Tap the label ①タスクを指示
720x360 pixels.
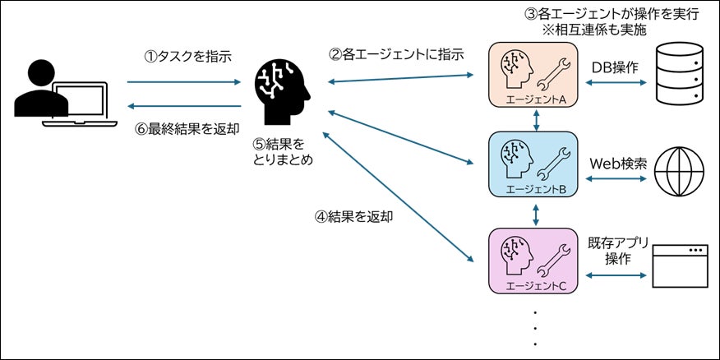pyautogui.click(x=188, y=58)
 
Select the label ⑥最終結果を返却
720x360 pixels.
pyautogui.click(x=188, y=128)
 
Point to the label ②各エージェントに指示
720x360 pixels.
pyautogui.click(x=397, y=56)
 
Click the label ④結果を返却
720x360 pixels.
pyautogui.click(x=354, y=218)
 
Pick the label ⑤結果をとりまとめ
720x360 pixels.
pyautogui.click(x=284, y=152)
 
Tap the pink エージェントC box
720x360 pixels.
pyautogui.click(x=536, y=261)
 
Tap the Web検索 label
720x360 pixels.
pyautogui.click(x=619, y=163)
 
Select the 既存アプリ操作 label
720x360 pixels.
pyautogui.click(x=618, y=250)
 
